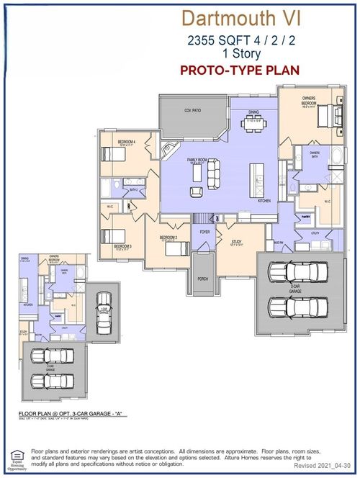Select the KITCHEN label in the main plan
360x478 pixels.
tap(263, 202)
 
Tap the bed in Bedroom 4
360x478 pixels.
tap(113, 153)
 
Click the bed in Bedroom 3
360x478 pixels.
tap(112, 236)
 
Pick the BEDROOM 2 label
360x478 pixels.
tap(168, 237)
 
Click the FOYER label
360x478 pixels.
tap(204, 232)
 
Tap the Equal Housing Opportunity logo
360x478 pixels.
tap(15, 459)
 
